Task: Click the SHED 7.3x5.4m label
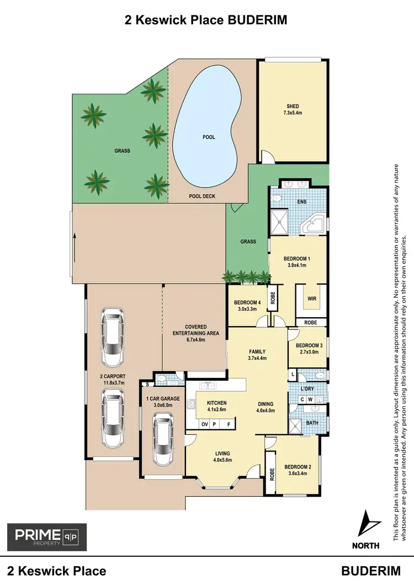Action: [292, 110]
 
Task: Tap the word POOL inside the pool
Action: [209, 137]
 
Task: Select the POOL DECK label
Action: [202, 196]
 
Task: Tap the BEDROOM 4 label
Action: [247, 305]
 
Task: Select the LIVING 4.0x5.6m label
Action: [223, 456]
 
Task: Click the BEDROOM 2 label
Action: [298, 470]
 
